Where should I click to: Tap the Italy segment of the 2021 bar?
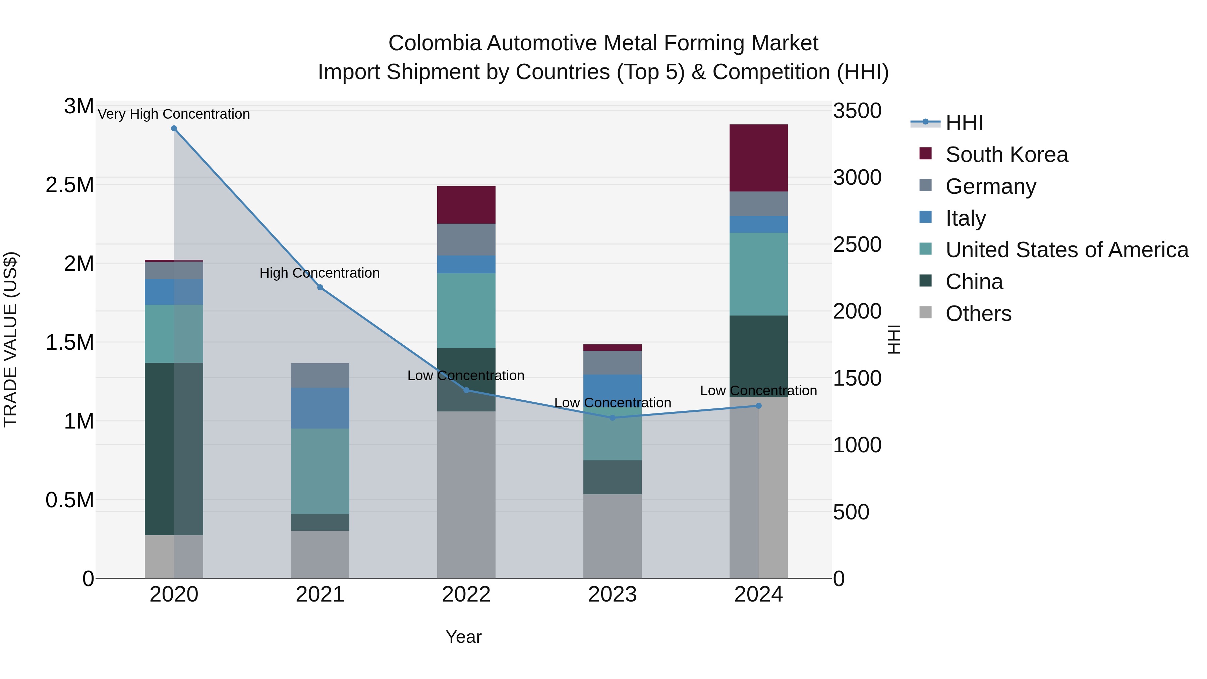tap(320, 408)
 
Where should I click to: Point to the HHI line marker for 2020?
tap(174, 128)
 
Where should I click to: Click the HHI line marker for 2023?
tap(613, 417)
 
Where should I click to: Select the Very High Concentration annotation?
tap(174, 114)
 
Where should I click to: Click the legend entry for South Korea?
tap(1007, 155)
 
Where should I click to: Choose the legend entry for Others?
tap(978, 314)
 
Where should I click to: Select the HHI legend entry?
tap(964, 123)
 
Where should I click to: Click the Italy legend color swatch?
tap(925, 217)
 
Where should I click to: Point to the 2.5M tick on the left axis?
tap(70, 185)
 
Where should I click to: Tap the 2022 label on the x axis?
tap(466, 595)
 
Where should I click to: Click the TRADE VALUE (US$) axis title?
tap(10, 339)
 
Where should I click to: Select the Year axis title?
tap(463, 637)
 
